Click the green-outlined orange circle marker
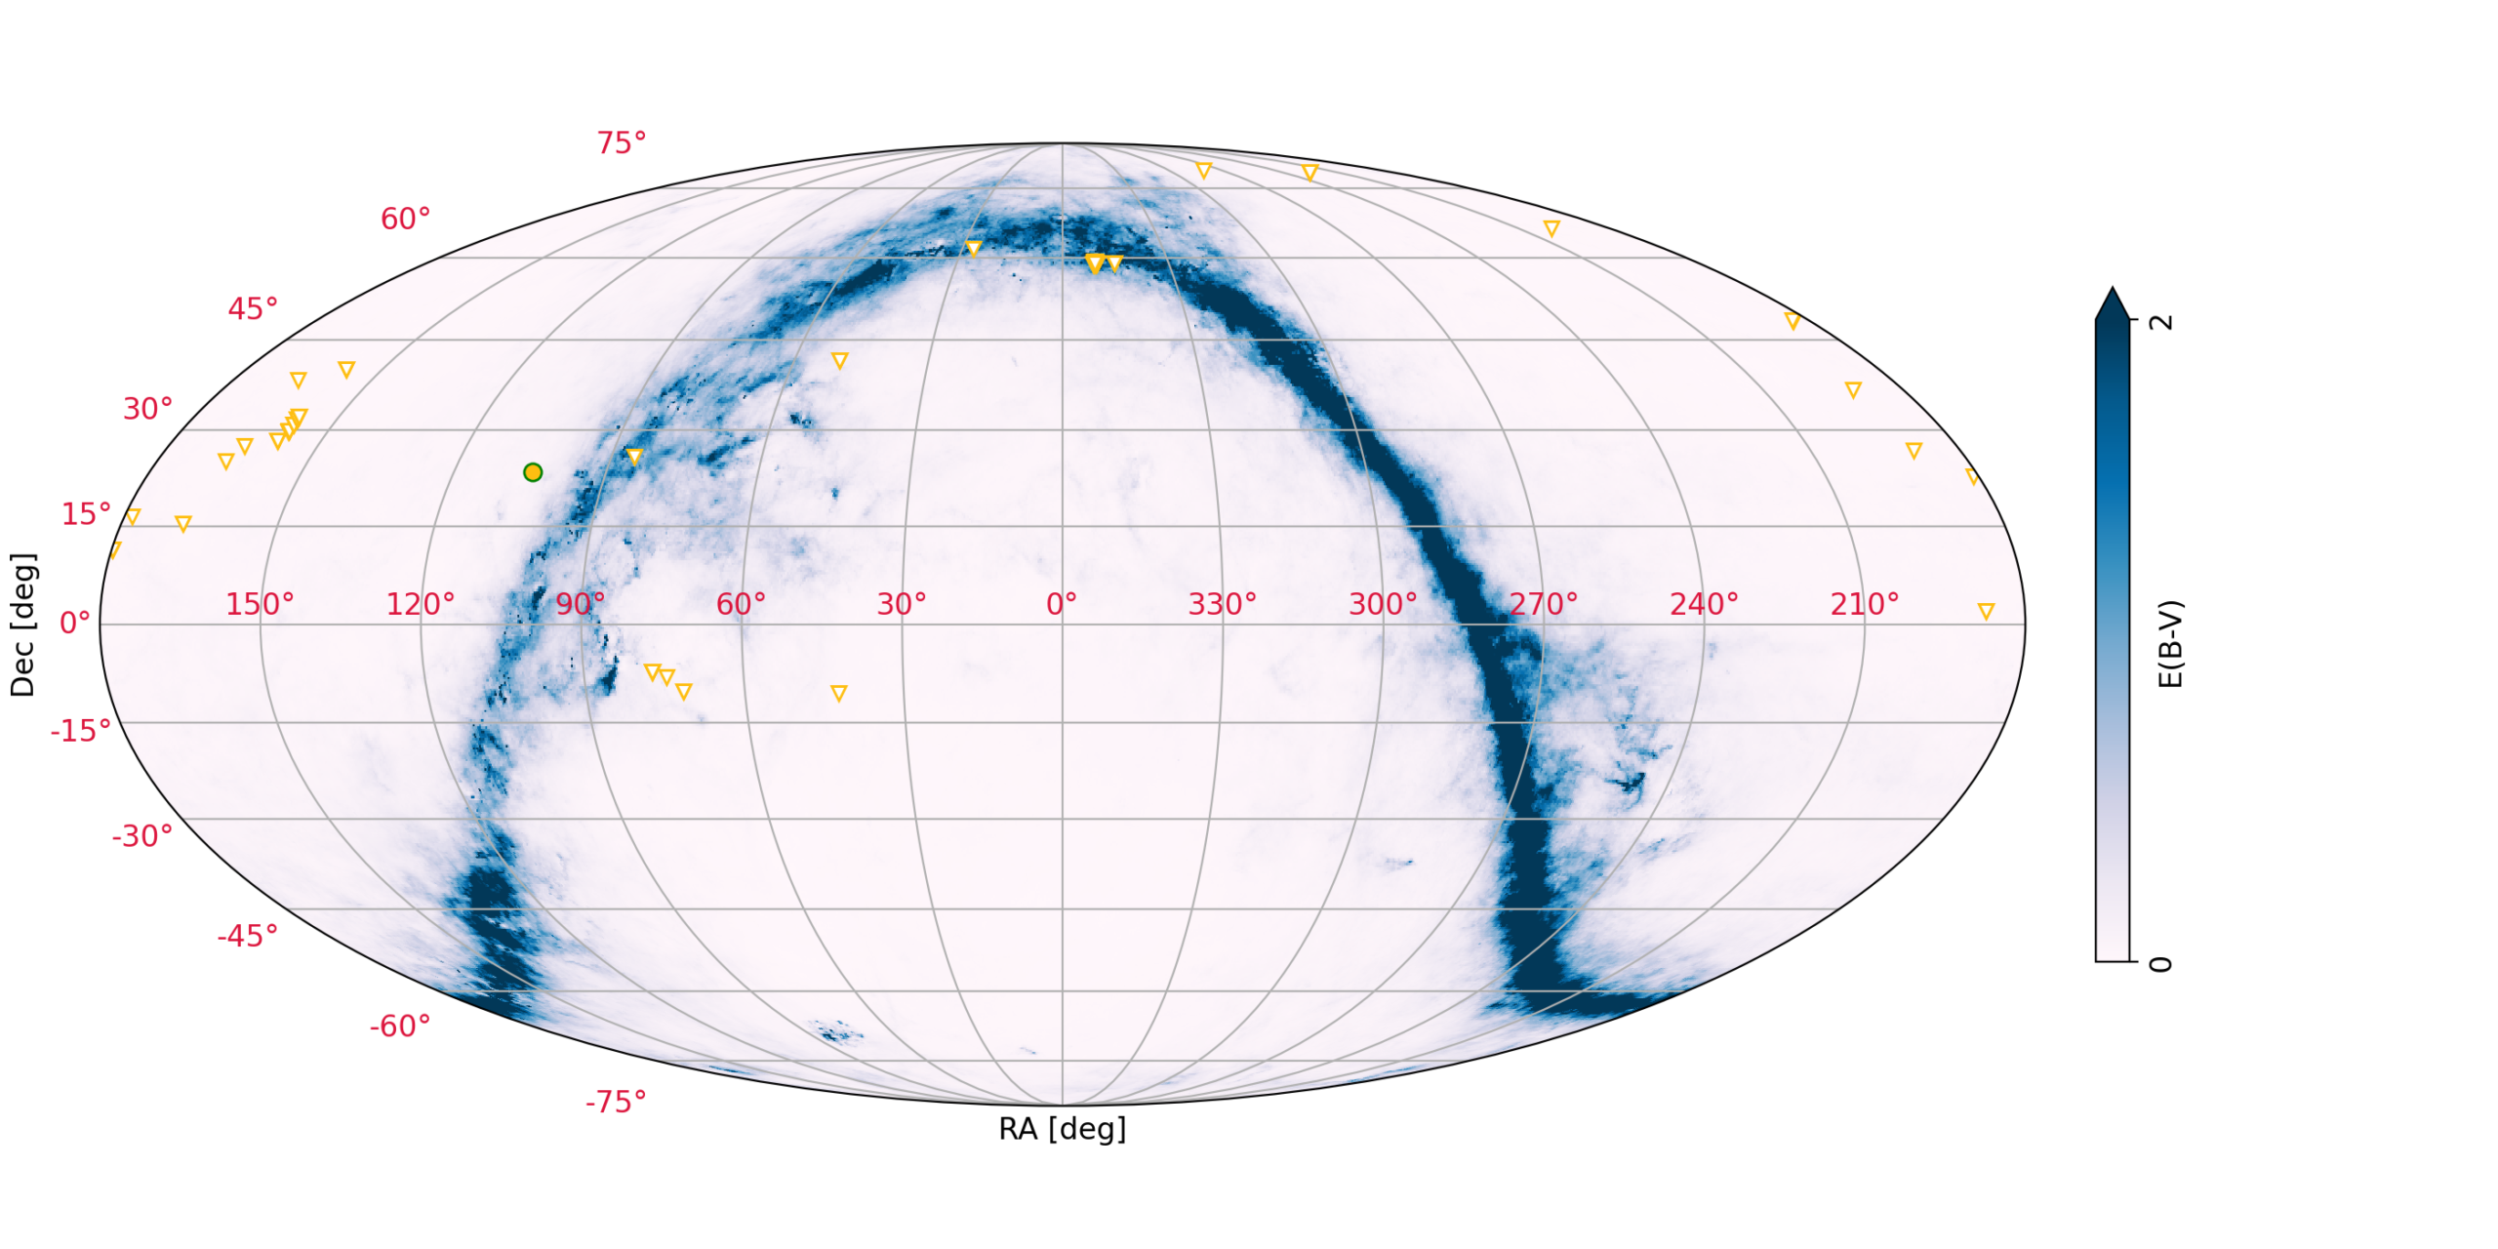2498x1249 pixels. (532, 472)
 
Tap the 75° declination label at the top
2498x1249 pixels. (621, 143)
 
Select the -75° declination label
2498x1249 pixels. (615, 1103)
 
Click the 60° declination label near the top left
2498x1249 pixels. (405, 220)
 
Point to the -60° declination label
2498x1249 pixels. (399, 1027)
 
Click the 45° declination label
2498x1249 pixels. (253, 309)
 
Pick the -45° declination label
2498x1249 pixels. (247, 937)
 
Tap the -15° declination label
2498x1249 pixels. (80, 731)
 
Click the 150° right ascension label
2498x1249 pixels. (260, 605)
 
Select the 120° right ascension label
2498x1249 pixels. (421, 605)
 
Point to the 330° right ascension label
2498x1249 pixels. (1222, 605)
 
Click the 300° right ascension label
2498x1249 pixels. (1383, 605)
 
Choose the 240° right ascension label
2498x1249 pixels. (1704, 605)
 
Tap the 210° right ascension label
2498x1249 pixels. (1864, 605)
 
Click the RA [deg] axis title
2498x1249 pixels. (1062, 1129)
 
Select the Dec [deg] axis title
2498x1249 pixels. (22, 624)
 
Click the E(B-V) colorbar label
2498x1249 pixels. (2170, 644)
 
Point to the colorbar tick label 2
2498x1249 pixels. (2161, 321)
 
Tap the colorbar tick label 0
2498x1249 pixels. (2161, 964)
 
